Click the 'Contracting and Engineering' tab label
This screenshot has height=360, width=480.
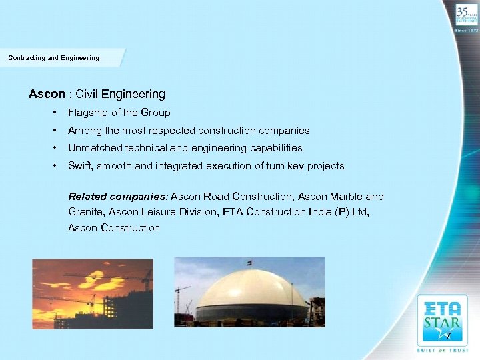[53, 58]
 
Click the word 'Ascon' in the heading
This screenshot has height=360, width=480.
[44, 95]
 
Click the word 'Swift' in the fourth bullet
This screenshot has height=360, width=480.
[80, 166]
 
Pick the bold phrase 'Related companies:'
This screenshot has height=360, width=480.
[118, 197]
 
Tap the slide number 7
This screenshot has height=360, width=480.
[449, 335]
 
